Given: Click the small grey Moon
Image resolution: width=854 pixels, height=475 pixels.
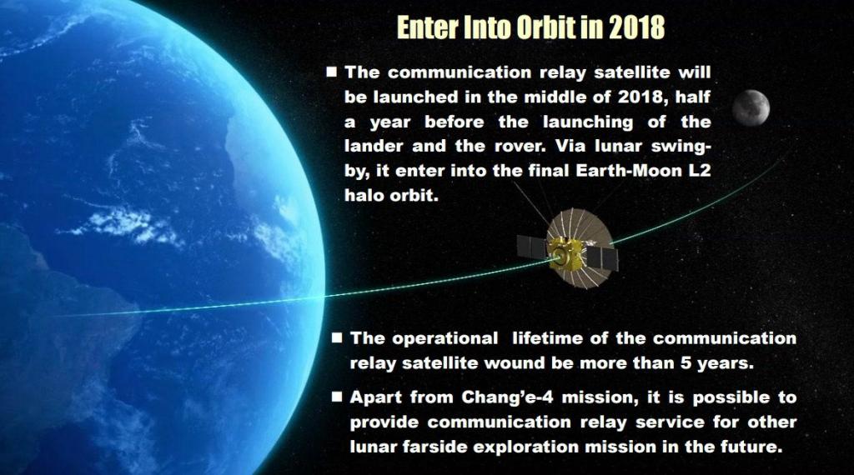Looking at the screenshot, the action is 751,107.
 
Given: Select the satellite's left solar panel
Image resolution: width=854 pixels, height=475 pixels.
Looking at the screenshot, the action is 532,247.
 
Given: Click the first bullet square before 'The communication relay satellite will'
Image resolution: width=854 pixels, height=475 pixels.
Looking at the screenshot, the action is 332,72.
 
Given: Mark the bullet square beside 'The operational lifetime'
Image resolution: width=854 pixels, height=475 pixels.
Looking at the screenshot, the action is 337,337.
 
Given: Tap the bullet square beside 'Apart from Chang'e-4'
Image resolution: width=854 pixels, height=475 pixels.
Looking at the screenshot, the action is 337,397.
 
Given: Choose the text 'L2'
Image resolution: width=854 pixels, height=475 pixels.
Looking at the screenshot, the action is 700,171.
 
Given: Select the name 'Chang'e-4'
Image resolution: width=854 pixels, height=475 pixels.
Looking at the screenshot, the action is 508,397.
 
